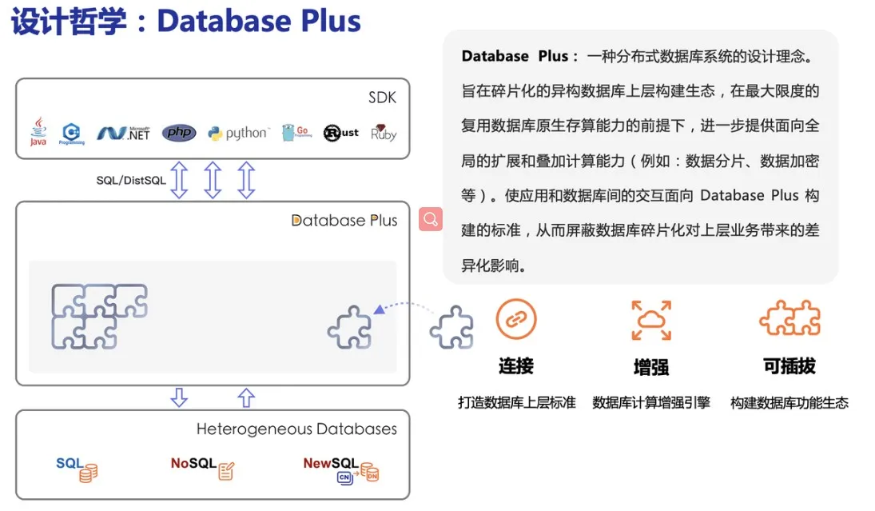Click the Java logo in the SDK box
[38, 132]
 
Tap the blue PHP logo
[179, 133]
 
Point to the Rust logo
[341, 133]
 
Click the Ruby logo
[384, 133]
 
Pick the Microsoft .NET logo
[123, 133]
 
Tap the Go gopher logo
[296, 133]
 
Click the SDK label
[382, 98]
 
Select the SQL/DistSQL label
[131, 181]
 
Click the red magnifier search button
[431, 219]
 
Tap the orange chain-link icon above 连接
[516, 319]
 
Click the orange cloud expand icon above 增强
[651, 320]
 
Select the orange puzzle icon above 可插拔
[789, 317]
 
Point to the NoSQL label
[193, 463]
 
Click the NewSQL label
[331, 463]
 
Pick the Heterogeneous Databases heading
[297, 429]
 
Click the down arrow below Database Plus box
[179, 397]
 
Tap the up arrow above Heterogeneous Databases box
[246, 397]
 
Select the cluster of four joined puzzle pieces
[99, 317]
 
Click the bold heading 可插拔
[789, 366]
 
